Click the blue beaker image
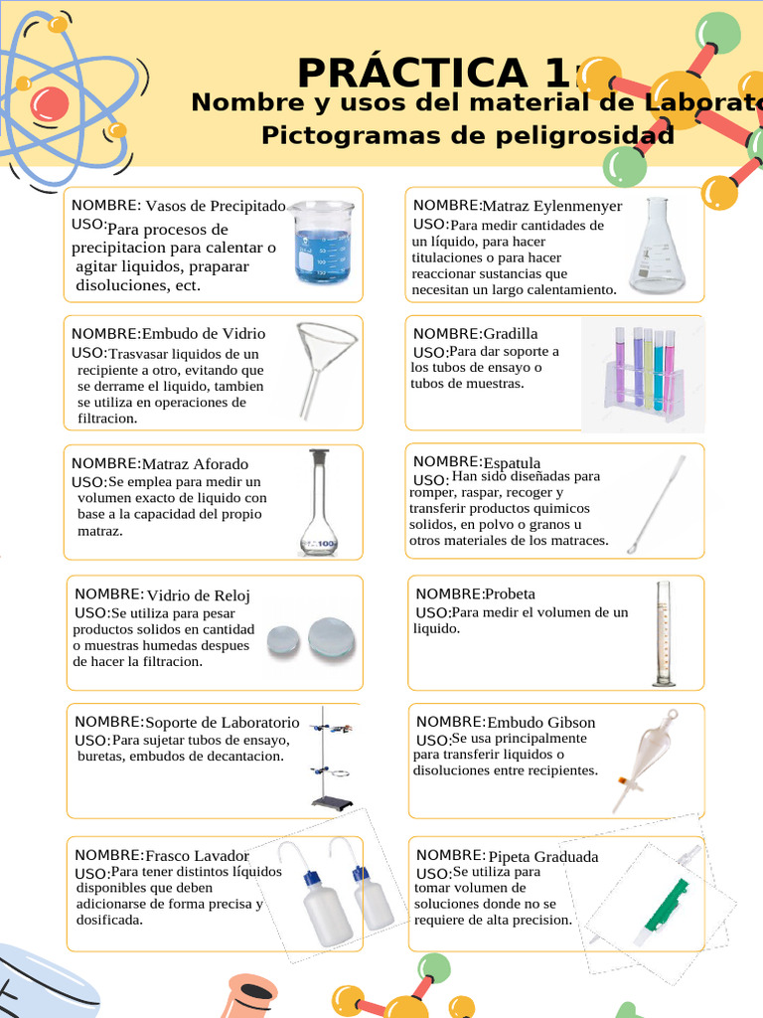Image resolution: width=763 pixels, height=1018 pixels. [323, 243]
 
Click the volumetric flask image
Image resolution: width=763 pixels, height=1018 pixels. [319, 502]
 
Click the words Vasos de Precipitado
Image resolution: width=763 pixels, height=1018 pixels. [216, 206]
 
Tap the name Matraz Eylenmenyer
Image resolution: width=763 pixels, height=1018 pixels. [551, 206]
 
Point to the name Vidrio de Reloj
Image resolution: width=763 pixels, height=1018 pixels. [198, 595]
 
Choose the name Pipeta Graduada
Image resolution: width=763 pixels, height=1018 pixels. [543, 856]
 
